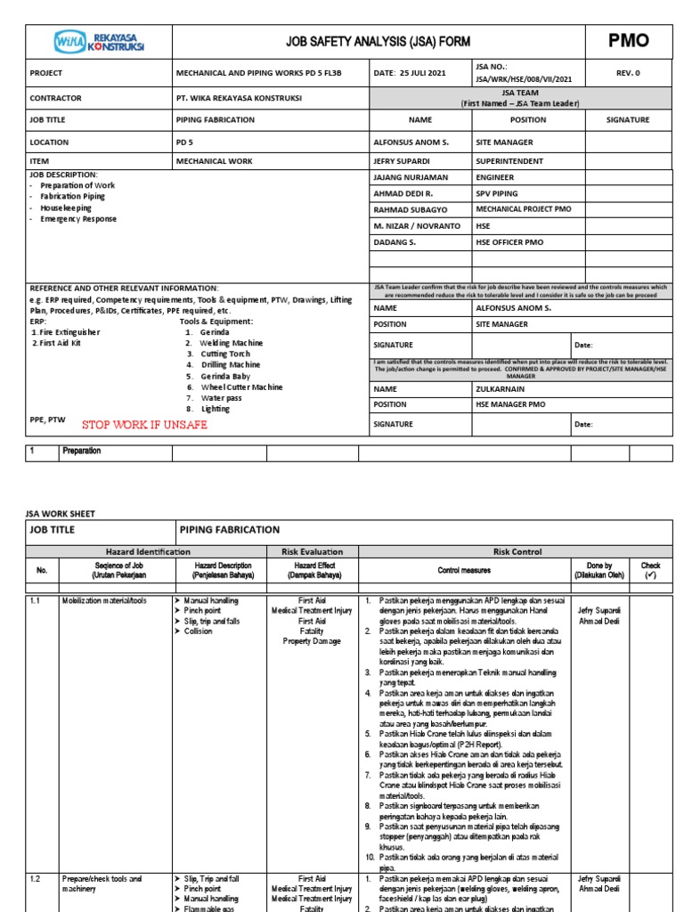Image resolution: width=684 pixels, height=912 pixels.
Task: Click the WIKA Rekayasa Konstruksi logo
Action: [x=99, y=40]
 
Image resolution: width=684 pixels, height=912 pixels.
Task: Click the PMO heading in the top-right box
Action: [x=628, y=40]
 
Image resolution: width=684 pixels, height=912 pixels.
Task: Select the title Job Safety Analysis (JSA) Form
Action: [x=377, y=41]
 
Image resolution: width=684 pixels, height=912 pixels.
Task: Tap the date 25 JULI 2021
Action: [x=411, y=73]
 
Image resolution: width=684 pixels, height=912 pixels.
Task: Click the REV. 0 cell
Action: [x=628, y=73]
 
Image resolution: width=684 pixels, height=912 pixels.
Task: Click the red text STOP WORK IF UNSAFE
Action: [x=144, y=425]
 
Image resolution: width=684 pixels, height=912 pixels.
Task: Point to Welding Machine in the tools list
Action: [x=231, y=343]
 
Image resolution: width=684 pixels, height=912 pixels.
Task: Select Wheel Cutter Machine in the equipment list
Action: [x=241, y=387]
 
